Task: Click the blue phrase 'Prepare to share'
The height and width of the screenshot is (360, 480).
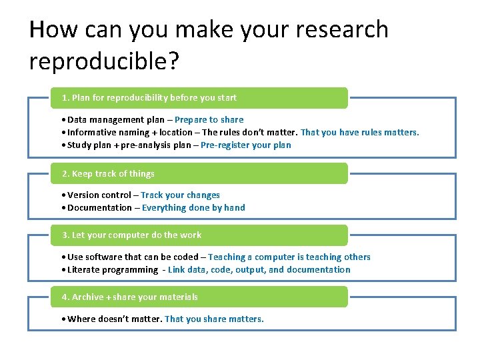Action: [x=209, y=120]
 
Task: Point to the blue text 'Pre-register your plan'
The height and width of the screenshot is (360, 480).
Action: [x=245, y=145]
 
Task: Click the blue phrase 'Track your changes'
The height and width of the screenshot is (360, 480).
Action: [x=180, y=195]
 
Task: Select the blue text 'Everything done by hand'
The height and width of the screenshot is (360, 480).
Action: [x=193, y=207]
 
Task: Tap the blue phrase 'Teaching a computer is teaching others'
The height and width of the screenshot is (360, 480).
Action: [x=289, y=257]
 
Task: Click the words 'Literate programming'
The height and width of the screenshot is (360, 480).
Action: [x=113, y=269]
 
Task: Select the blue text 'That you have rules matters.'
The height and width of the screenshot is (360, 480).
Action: [x=360, y=132]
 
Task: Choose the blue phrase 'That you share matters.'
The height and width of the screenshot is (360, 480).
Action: [x=214, y=319]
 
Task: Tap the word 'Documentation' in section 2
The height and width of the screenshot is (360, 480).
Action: [x=99, y=207]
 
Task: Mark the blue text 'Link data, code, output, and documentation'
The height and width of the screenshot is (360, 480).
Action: [x=259, y=269]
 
